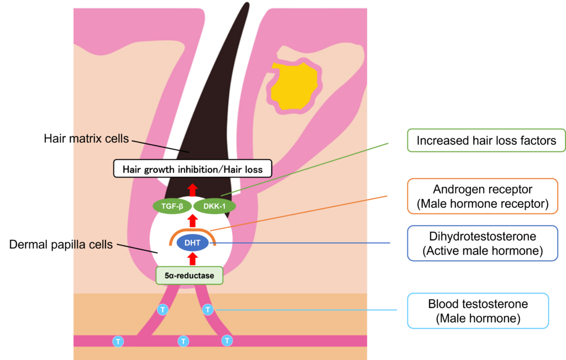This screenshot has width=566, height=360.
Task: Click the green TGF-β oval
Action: (x=171, y=206)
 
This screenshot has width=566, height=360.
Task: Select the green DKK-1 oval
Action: (x=214, y=206)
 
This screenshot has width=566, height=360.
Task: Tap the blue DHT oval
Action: (x=192, y=243)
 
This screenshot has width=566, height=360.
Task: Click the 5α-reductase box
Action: (x=190, y=275)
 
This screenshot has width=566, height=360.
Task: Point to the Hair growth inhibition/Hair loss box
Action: (x=192, y=169)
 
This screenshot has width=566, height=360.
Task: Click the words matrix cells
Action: (x=102, y=138)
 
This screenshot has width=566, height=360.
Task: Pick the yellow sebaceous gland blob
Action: (x=293, y=86)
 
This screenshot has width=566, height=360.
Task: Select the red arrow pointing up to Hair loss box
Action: (x=192, y=188)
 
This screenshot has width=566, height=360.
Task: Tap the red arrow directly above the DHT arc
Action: (x=192, y=221)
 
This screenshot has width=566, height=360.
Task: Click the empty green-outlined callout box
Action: (x=486, y=140)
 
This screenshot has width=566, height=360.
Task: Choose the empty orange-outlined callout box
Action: (x=483, y=196)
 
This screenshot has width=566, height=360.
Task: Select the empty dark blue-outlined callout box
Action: (x=483, y=243)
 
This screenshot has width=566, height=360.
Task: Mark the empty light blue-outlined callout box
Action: (x=478, y=311)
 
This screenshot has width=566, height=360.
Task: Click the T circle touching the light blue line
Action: (x=208, y=310)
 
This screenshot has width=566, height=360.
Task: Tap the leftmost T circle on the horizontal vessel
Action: (x=118, y=341)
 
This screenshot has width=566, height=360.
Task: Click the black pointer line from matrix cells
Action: (x=160, y=146)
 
